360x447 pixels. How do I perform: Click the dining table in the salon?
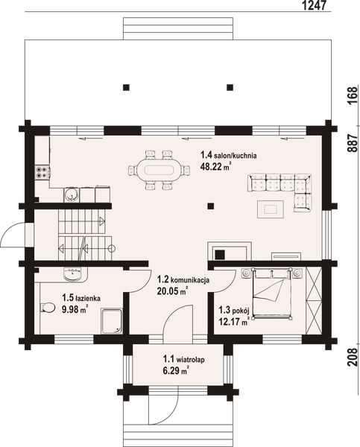pyautogui.click(x=156, y=168)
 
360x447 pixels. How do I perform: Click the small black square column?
pyautogui.click(x=211, y=206)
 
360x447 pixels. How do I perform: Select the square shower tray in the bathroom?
pyautogui.click(x=112, y=319)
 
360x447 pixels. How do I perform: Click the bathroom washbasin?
pyautogui.click(x=72, y=275)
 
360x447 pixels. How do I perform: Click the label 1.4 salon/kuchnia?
pyautogui.click(x=229, y=156)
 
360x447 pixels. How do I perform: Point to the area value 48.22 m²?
pyautogui.click(x=215, y=168)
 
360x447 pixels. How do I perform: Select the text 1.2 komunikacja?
pyautogui.click(x=183, y=279)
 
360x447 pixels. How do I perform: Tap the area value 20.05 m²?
pyautogui.click(x=172, y=291)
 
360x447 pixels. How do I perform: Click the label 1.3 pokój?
pyautogui.click(x=233, y=311)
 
